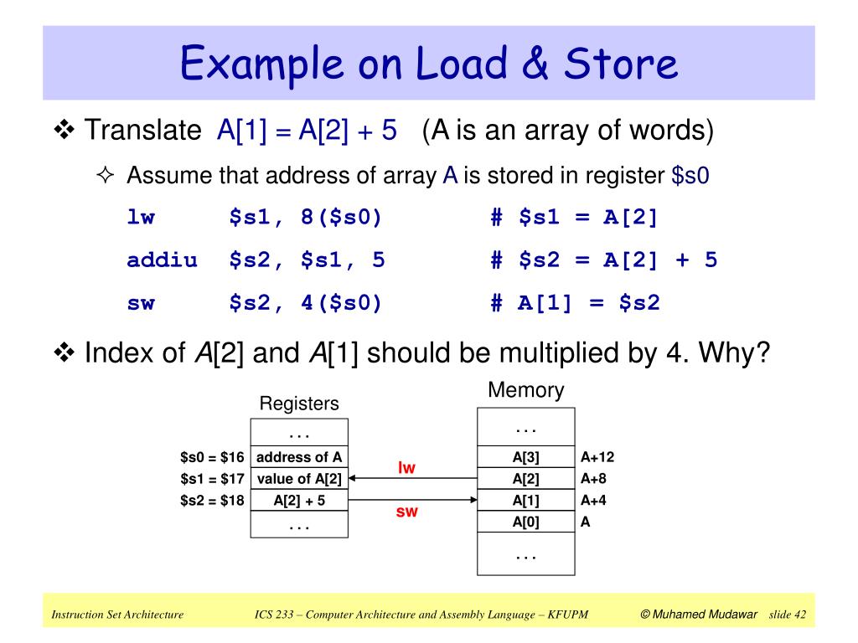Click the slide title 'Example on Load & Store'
click(x=428, y=64)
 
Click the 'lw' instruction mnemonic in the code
click(x=141, y=219)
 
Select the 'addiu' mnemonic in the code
click(x=162, y=260)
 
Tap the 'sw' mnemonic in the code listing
click(x=141, y=302)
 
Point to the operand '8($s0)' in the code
click(x=340, y=219)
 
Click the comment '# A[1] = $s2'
click(x=575, y=302)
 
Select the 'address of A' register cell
click(x=299, y=457)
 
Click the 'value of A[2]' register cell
click(x=299, y=479)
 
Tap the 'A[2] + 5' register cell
click(x=299, y=501)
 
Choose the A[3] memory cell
click(x=525, y=457)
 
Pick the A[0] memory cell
click(x=525, y=522)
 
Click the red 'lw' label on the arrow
click(x=406, y=468)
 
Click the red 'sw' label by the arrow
click(x=406, y=512)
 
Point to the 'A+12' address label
click(x=597, y=457)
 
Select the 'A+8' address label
click(x=594, y=479)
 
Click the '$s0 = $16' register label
click(x=212, y=457)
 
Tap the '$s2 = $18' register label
click(x=212, y=501)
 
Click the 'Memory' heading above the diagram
click(x=525, y=391)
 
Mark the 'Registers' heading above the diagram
click(x=299, y=404)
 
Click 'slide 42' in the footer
click(x=787, y=615)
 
